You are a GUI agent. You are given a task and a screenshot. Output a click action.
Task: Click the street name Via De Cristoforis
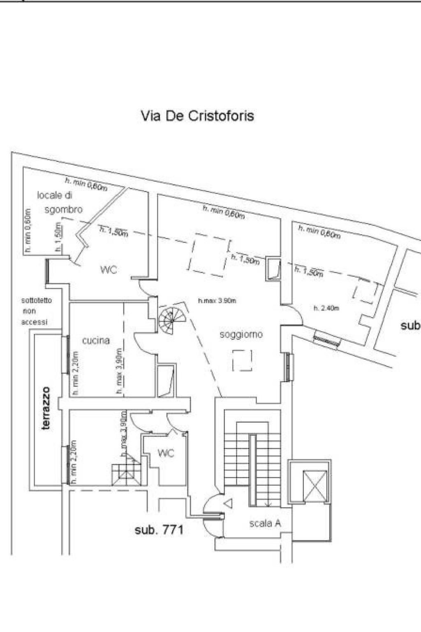197,116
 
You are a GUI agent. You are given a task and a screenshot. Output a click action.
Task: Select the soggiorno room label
241,335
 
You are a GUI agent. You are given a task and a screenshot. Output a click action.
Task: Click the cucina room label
96,340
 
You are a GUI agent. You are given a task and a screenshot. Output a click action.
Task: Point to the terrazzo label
47,408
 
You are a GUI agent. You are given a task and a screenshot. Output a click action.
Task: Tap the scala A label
265,523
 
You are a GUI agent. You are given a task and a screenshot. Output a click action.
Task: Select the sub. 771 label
159,530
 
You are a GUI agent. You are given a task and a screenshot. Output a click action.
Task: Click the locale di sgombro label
60,202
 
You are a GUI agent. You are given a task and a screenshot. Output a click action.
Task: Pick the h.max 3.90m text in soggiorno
217,301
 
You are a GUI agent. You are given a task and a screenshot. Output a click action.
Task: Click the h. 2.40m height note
326,308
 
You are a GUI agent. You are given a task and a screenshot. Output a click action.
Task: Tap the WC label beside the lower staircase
166,453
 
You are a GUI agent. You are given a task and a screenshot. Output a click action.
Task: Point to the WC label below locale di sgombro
109,270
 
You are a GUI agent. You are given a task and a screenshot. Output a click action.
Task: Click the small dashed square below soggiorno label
242,360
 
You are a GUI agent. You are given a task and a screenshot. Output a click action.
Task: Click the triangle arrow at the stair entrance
228,502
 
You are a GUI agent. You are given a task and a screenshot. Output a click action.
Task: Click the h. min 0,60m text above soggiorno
224,212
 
